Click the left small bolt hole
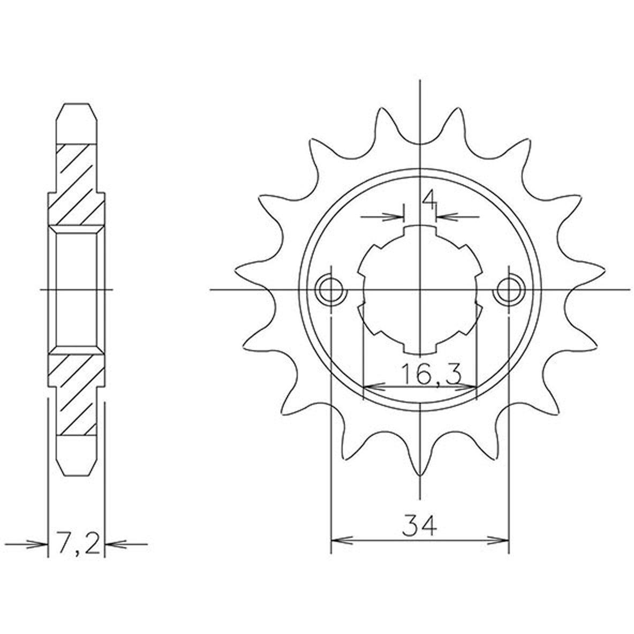click(x=331, y=290)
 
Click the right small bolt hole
click(x=509, y=290)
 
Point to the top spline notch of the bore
click(x=420, y=230)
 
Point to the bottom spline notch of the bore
click(x=420, y=348)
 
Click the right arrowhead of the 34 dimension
click(x=498, y=540)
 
